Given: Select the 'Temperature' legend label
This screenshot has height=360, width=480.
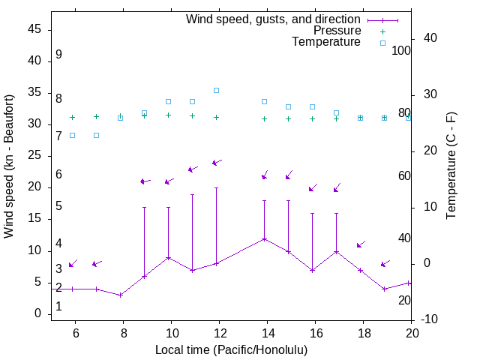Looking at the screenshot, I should pyautogui.click(x=326, y=43).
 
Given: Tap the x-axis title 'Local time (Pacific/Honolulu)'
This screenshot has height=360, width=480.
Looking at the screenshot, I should pyautogui.click(x=231, y=349).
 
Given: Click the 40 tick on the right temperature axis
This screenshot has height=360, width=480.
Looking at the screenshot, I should pyautogui.click(x=430, y=38).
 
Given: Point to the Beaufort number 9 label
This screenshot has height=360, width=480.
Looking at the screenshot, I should pyautogui.click(x=58, y=55).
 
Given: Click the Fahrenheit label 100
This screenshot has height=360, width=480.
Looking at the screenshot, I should pyautogui.click(x=402, y=51).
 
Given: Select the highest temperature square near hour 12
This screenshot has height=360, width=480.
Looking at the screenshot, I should pyautogui.click(x=216, y=90).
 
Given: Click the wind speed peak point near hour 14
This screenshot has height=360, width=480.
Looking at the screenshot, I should pyautogui.click(x=264, y=239).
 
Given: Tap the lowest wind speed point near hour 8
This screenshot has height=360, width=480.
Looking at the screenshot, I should pyautogui.click(x=120, y=295).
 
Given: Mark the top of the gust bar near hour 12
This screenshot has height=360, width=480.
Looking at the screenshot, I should pyautogui.click(x=216, y=187).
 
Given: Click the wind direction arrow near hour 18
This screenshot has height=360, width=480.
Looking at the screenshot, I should pyautogui.click(x=361, y=244).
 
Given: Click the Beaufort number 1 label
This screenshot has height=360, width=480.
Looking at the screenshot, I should pyautogui.click(x=58, y=307).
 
